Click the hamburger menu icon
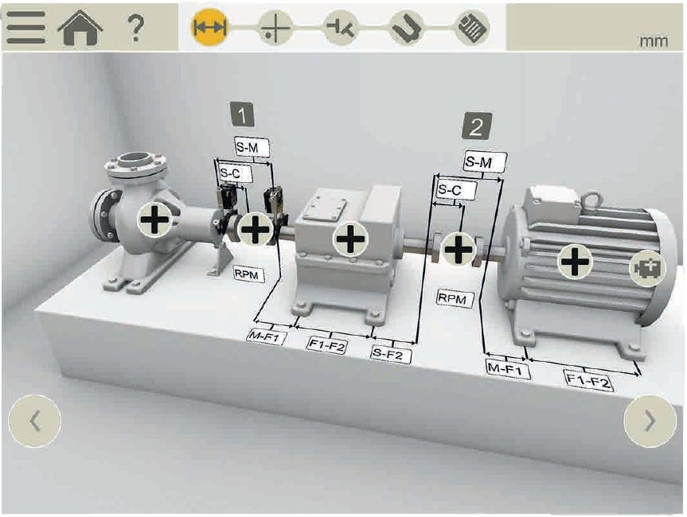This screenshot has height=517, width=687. click(25, 27)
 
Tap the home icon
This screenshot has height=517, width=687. click(80, 28)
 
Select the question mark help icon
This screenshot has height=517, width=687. click(135, 28)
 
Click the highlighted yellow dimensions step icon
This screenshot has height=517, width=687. click(209, 27)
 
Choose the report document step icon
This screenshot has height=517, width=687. click(472, 27)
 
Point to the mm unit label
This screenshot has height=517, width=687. click(654, 41)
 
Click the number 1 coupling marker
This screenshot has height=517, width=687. click(242, 115)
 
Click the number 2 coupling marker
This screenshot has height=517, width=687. click(477, 126)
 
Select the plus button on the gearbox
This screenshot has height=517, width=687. click(350, 239)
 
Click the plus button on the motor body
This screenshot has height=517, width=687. click(575, 262)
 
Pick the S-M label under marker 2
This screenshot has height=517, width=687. click(485, 162)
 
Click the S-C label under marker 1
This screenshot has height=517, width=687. click(236, 174)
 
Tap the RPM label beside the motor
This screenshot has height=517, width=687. click(455, 299)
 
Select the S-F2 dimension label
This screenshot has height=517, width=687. click(391, 354)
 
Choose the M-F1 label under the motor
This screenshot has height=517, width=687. click(508, 369)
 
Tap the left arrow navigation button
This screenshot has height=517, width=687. click(34, 421)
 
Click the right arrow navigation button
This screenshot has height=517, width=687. click(650, 421)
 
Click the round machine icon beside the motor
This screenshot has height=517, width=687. click(647, 268)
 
